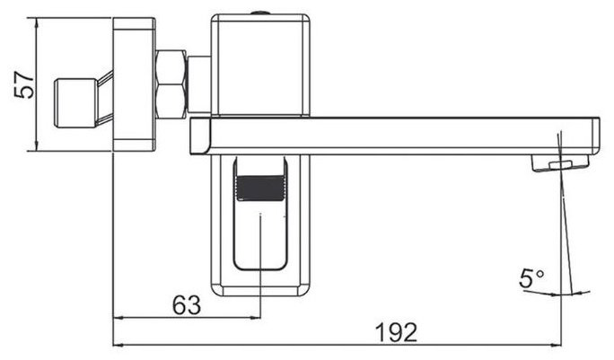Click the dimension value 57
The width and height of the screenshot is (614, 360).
tap(24, 84)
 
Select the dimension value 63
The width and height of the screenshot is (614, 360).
tap(187, 304)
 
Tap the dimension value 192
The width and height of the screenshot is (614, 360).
tap(396, 332)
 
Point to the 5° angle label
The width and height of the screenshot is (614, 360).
tap(531, 278)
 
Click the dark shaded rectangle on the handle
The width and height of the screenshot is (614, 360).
tap(260, 188)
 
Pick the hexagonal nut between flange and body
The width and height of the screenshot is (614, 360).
tap(171, 83)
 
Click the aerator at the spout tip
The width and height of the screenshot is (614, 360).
tap(560, 162)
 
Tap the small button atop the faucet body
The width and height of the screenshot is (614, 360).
tap(260, 13)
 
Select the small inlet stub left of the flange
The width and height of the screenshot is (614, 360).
tap(75, 103)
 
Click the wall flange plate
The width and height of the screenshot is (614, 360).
tap(135, 84)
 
